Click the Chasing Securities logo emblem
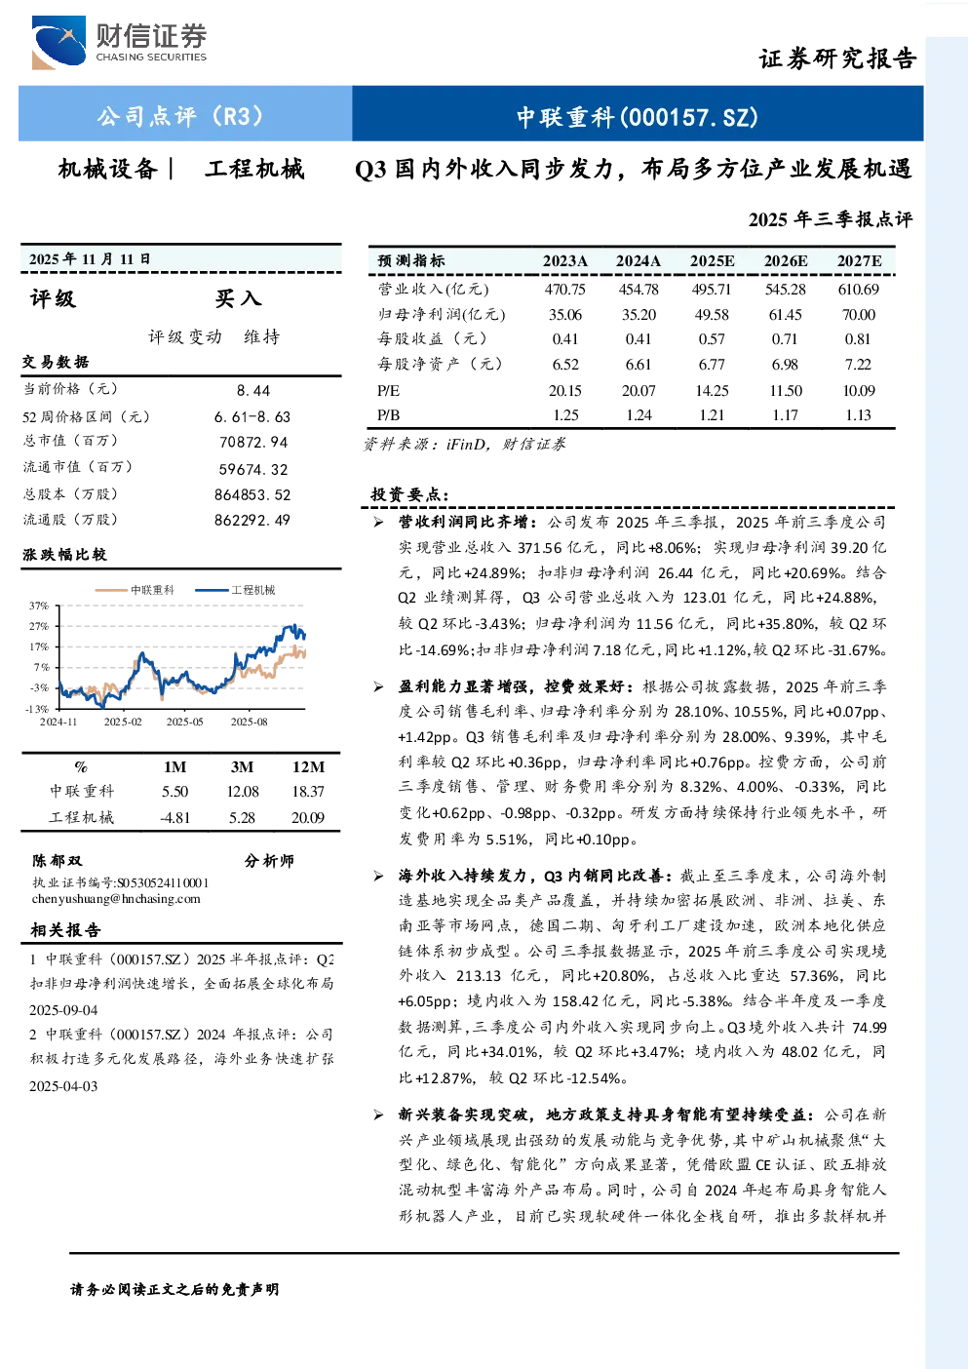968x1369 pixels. pos(58,42)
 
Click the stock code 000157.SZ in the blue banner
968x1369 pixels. pos(689,117)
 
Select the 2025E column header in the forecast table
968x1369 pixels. pos(712,261)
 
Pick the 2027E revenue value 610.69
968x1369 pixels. pos(858,289)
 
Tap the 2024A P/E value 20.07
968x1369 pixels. pos(639,391)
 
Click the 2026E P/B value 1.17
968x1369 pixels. pos(786,415)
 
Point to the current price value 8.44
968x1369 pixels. pos(253,391)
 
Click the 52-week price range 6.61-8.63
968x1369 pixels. pos(252,416)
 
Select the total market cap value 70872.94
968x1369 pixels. pos(253,442)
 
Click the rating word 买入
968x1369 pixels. pos(238,298)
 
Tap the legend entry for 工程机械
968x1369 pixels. pos(235,590)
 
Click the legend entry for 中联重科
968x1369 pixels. pos(135,590)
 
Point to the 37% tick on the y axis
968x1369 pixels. pos(39,606)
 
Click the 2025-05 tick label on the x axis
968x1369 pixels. pos(184,722)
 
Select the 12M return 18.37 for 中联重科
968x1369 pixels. pos(308,792)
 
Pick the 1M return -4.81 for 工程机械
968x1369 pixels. pos(174,818)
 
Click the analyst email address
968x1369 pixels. pos(116,899)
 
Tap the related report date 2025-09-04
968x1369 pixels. pos(63,1010)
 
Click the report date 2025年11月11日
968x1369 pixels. pos(90,259)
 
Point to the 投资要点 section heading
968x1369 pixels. pos(409,494)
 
